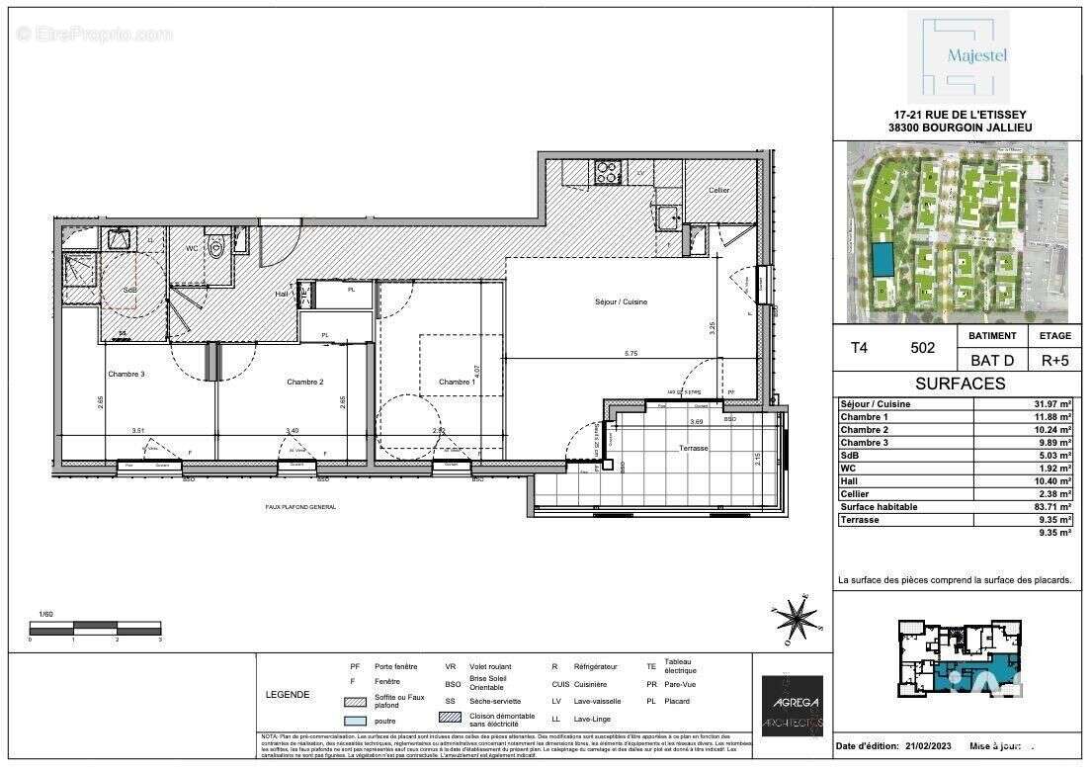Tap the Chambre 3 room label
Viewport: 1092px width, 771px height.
tap(126, 375)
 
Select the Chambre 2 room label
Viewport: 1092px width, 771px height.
tap(305, 382)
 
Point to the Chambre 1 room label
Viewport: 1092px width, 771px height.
tap(458, 383)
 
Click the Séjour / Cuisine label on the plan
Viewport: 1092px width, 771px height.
tap(620, 301)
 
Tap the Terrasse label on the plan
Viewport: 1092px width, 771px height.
tap(694, 448)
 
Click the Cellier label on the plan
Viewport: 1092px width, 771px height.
tap(718, 190)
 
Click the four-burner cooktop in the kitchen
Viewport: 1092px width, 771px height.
tap(605, 173)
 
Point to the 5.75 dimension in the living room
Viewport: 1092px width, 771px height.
tap(630, 354)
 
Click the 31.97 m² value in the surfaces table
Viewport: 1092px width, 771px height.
tap(1050, 404)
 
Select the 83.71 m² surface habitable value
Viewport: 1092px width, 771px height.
tap(1050, 506)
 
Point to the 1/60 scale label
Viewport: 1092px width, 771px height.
tap(43, 614)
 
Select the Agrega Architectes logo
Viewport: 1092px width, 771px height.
tap(793, 706)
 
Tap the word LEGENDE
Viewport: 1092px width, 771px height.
tap(288, 694)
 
